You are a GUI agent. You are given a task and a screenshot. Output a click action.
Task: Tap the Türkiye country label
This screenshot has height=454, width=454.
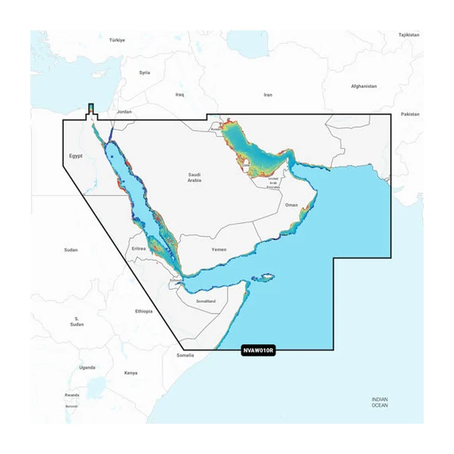[118, 39]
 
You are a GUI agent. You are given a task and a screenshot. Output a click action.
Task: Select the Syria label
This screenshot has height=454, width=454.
[144, 72]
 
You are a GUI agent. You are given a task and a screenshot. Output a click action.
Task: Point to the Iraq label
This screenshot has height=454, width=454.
[180, 95]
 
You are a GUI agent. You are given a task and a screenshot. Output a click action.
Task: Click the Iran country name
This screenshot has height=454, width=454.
[268, 95]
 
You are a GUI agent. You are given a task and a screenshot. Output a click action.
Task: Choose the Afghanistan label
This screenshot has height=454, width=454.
[368, 85]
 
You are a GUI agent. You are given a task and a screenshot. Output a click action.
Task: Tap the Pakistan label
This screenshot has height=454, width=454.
[409, 114]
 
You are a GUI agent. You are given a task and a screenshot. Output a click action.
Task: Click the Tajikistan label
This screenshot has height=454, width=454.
[409, 35]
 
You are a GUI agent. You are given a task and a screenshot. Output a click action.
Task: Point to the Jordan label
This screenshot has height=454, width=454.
[123, 112]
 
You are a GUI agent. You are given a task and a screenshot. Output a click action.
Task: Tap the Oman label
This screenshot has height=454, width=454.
[292, 205]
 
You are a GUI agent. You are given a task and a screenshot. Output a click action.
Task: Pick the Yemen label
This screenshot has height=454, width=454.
[219, 249]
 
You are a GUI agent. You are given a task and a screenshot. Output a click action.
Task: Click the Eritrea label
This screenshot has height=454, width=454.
[139, 249]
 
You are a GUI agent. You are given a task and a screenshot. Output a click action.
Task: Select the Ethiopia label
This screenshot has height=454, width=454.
[143, 311]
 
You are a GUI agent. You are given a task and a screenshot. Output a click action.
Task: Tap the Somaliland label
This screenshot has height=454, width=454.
[205, 301]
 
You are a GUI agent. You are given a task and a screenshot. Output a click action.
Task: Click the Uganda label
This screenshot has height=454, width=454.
[88, 367]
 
